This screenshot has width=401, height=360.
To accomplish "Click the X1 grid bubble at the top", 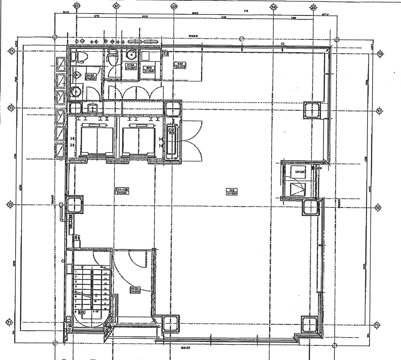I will (x=77, y=6).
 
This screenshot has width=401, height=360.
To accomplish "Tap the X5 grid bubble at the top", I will (x=313, y=7).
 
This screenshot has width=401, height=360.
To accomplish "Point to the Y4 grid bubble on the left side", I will (x=11, y=51).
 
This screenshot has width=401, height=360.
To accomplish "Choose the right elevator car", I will (x=139, y=139).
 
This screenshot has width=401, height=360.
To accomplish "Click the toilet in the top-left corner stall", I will (x=80, y=58).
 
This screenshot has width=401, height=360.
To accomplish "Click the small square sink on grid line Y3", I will (x=92, y=108).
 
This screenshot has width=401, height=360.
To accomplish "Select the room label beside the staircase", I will (x=135, y=290).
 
